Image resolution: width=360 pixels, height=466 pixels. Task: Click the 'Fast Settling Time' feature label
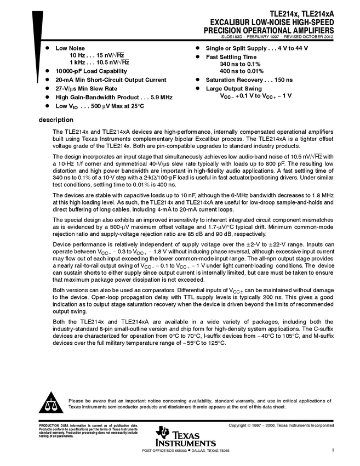coord(231,57)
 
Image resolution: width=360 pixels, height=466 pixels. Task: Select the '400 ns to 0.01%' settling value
coord(241,71)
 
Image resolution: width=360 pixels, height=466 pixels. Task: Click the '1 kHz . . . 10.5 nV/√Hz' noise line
coord(99,62)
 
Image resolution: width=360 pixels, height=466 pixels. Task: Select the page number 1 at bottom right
coord(333,450)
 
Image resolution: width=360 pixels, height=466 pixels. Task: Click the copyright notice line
coord(281,425)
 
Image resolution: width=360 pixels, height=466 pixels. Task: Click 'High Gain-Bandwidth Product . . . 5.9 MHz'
coord(114,97)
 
